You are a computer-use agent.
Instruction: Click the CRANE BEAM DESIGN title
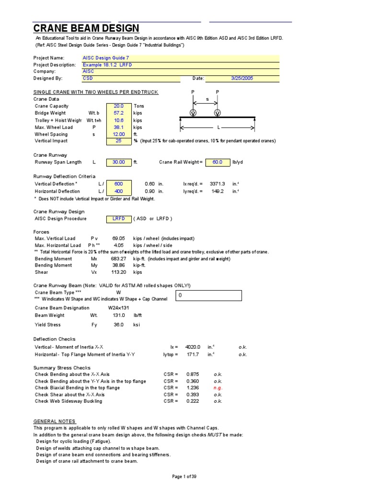[x=86, y=28]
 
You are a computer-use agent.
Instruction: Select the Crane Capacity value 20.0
[x=118, y=106]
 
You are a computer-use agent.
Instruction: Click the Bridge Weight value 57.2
[x=118, y=113]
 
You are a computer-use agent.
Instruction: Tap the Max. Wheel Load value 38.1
[x=118, y=128]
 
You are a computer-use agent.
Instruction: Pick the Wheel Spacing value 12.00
[x=118, y=134]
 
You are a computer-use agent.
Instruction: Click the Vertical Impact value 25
[x=118, y=141]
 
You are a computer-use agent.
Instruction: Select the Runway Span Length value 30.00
[x=118, y=162]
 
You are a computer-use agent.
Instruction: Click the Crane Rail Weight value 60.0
[x=218, y=162]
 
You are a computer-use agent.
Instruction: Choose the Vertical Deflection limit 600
[x=118, y=184]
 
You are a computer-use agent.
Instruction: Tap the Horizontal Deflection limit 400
[x=118, y=191]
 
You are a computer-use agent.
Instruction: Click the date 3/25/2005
[x=241, y=78]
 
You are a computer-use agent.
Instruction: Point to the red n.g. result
[x=218, y=388]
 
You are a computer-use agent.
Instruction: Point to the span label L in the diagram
[x=218, y=128]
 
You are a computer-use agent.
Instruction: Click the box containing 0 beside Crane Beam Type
[x=208, y=296]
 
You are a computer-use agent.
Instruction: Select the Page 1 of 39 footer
[x=184, y=476]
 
